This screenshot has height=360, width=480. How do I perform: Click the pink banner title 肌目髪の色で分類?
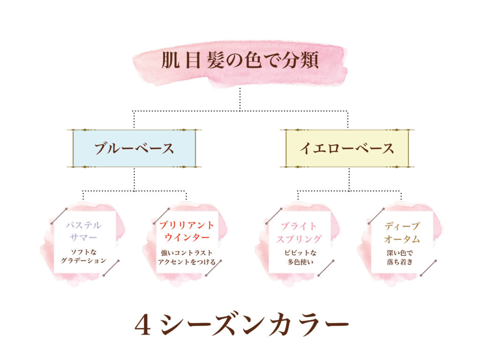tap(240, 60)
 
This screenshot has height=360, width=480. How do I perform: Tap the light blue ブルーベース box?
tap(134, 149)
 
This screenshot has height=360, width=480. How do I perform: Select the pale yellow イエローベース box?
tap(347, 149)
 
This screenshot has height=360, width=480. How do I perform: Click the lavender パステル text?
tap(83, 225)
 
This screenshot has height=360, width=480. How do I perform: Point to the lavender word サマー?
tap(83, 237)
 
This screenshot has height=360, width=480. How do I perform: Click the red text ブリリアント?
tap(187, 225)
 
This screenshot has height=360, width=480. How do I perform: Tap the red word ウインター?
tap(187, 237)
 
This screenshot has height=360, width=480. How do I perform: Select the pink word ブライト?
tap(299, 226)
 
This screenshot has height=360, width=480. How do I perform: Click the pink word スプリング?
tap(299, 239)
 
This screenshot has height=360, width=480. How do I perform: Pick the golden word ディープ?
tap(402, 226)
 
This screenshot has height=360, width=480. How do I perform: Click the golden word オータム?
tap(402, 239)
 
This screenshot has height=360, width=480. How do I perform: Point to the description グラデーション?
tap(83, 261)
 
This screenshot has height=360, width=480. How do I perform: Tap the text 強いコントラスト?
tap(187, 253)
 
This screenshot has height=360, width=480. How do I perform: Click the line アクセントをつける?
tap(187, 262)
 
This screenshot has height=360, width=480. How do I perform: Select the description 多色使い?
tap(300, 262)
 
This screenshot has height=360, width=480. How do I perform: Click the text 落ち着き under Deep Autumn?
tap(400, 262)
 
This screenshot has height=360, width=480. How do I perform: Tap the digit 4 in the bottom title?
tap(142, 325)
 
